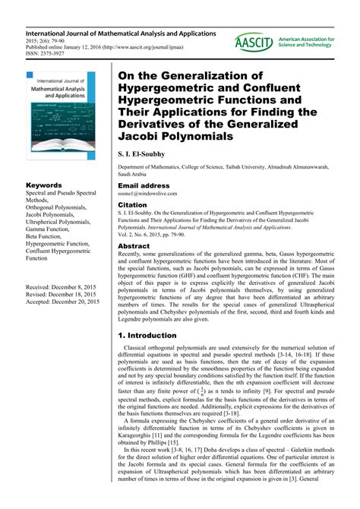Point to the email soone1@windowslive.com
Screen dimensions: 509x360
[x=153, y=195]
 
